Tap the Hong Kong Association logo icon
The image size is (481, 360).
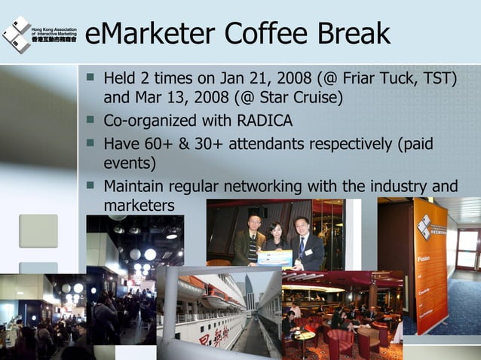click(x=16, y=33)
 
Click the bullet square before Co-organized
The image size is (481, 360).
click(x=91, y=120)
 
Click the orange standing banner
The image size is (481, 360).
click(x=430, y=264)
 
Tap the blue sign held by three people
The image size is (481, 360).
click(x=274, y=258)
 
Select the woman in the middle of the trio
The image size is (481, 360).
click(x=275, y=237)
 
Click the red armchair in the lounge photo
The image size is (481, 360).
click(x=339, y=343)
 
